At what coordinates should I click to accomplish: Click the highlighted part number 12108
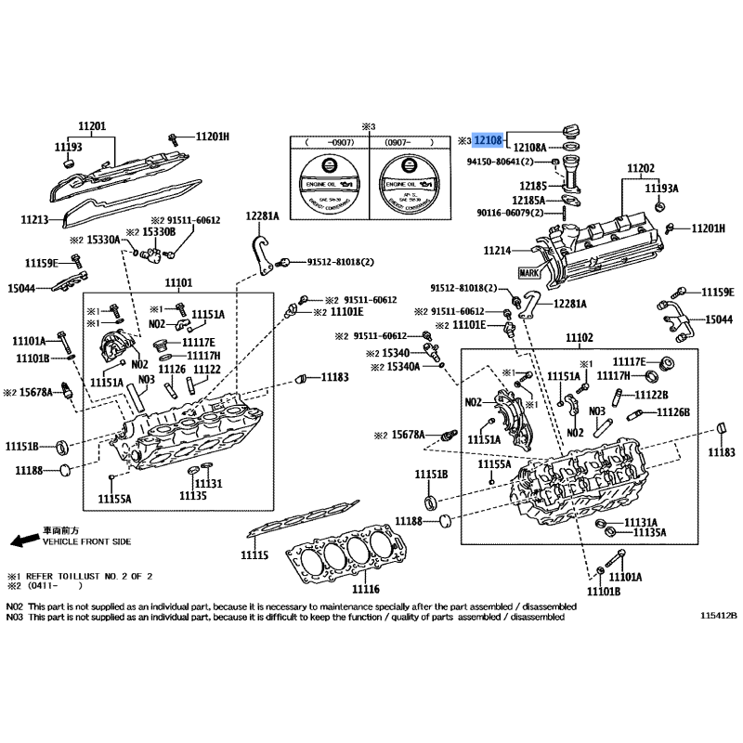click(x=489, y=140)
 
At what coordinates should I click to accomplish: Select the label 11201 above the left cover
click(x=92, y=126)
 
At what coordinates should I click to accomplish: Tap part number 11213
click(x=34, y=220)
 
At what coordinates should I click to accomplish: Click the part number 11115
click(x=254, y=554)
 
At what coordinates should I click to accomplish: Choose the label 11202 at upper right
click(x=640, y=169)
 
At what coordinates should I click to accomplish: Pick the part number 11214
click(x=497, y=251)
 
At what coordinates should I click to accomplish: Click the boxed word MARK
click(x=528, y=273)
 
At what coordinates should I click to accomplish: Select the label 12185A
click(x=528, y=200)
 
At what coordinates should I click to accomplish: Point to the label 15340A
click(x=402, y=368)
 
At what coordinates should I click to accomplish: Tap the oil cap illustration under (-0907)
click(x=326, y=182)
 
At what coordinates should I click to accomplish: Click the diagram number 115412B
click(x=718, y=616)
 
